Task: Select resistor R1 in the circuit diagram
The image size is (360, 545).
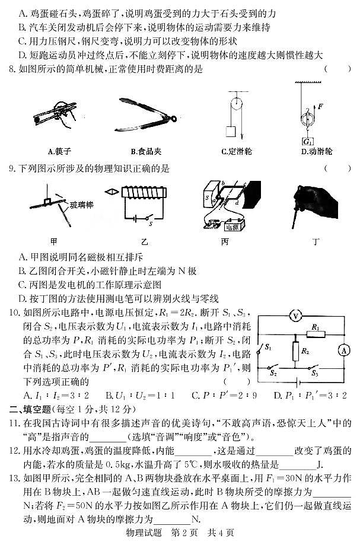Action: [316, 333]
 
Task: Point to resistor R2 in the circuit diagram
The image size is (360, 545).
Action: [295, 352]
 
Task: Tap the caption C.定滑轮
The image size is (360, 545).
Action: [236, 151]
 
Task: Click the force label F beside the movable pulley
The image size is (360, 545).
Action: [320, 107]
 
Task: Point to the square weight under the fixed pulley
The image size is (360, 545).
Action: [231, 131]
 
